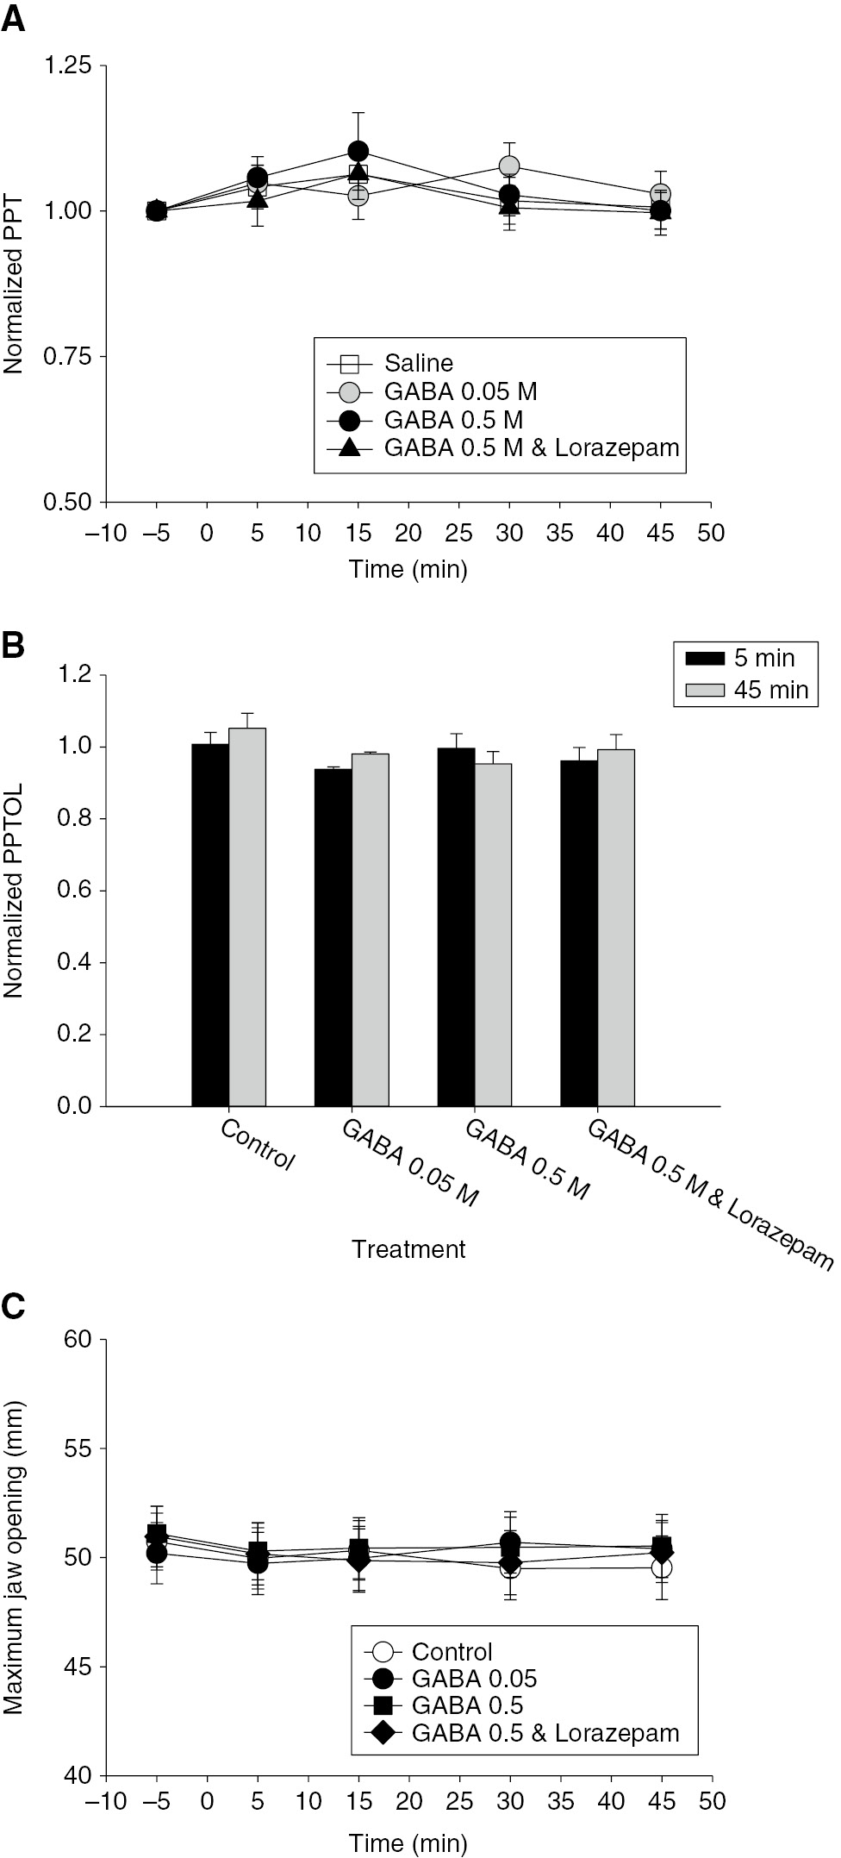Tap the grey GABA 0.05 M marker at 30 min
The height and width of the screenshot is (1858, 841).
point(509,166)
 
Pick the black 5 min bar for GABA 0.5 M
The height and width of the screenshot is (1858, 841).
point(456,926)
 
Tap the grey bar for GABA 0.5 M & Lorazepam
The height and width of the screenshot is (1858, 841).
point(616,927)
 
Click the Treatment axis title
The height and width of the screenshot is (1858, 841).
point(408,1249)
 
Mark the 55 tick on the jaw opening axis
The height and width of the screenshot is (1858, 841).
point(76,1448)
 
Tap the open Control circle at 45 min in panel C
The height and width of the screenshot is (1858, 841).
point(661,1567)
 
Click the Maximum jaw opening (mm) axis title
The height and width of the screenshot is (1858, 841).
point(14,1557)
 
